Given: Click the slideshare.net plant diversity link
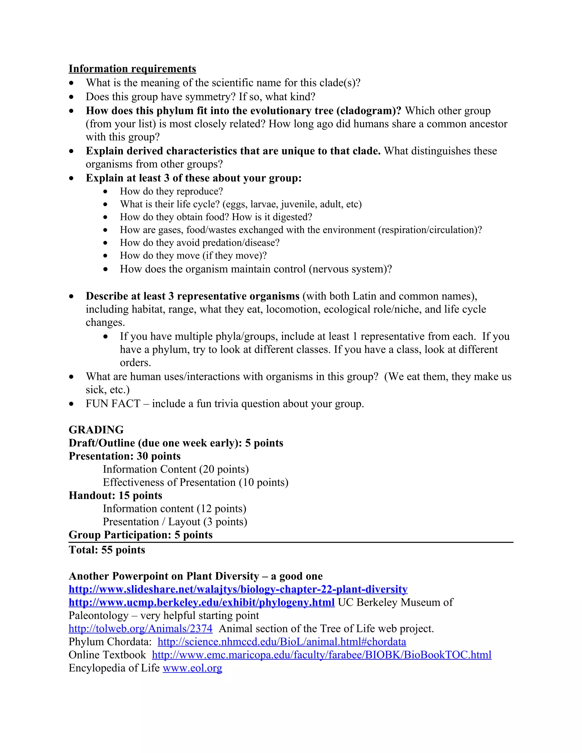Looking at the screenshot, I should [238, 589].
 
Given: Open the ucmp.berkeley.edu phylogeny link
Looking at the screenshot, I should [201, 602].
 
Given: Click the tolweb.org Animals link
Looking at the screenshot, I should [140, 629].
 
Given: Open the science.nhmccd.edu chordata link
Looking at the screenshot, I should [282, 642].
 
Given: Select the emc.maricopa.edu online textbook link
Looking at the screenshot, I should [321, 655].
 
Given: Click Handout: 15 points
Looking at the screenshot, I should [115, 496].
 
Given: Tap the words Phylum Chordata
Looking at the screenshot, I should [110, 642].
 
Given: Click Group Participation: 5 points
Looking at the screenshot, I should [140, 535].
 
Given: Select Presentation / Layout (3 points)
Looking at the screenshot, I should [175, 522].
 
